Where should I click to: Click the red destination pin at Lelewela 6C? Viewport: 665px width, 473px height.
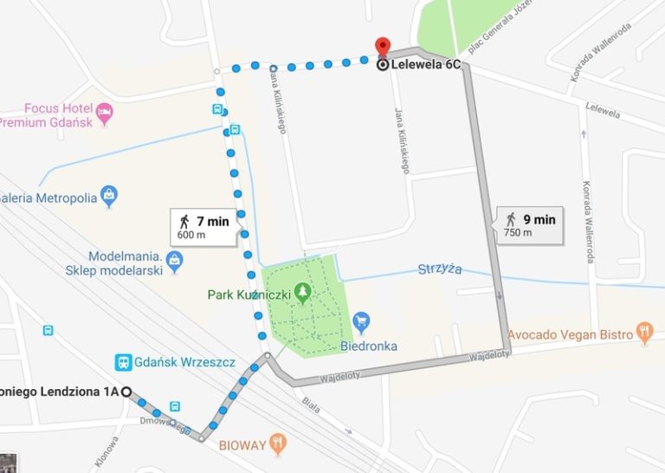(382, 46)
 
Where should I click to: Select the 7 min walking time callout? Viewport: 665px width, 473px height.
(204, 227)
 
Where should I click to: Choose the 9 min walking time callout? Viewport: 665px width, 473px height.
(529, 224)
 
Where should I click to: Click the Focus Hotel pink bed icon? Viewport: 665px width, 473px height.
(105, 111)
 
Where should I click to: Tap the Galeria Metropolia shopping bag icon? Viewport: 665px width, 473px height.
(109, 195)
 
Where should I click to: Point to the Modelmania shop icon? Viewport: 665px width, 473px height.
(175, 258)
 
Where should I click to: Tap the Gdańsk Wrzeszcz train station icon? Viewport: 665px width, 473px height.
(124, 363)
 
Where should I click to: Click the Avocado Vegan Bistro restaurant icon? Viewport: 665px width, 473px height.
(643, 331)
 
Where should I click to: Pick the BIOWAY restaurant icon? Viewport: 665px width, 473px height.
(278, 445)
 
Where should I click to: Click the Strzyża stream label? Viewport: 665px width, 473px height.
(440, 269)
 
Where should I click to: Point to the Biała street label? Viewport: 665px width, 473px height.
(310, 406)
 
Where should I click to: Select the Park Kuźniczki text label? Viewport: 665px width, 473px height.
(249, 295)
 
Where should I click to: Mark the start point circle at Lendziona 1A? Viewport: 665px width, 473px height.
(126, 392)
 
